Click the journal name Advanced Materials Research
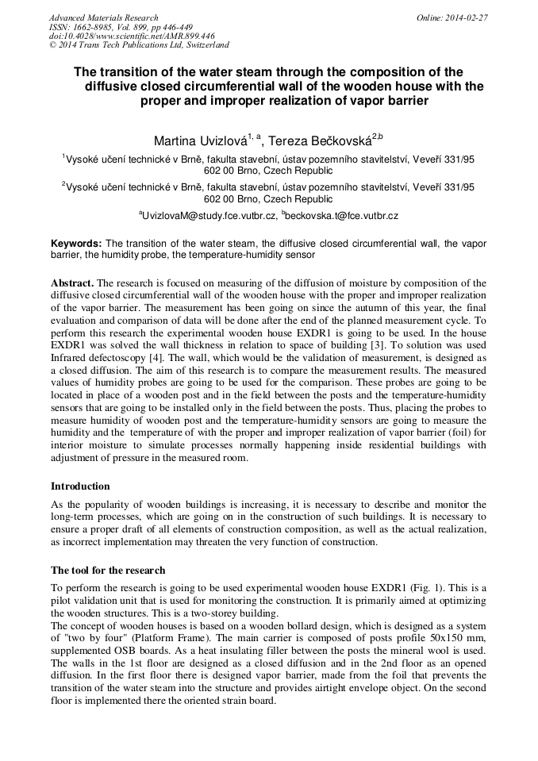(x=103, y=17)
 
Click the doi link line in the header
(x=132, y=37)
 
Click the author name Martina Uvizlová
(x=199, y=142)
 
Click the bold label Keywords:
(x=76, y=243)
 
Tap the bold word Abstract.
(x=72, y=282)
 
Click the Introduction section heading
(x=80, y=486)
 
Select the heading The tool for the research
(x=108, y=570)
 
